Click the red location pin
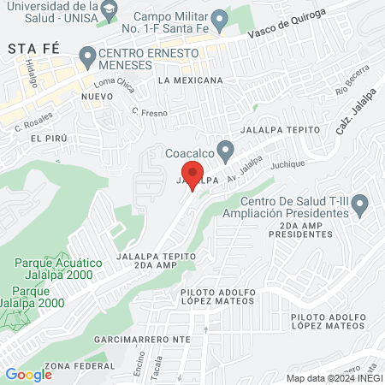tap(193, 175)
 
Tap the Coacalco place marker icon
tap(225, 152)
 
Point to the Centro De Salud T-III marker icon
tap(360, 204)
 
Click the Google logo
tap(28, 374)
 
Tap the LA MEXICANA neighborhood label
tap(190, 80)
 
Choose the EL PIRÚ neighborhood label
tap(48, 138)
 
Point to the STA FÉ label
tap(26, 50)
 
